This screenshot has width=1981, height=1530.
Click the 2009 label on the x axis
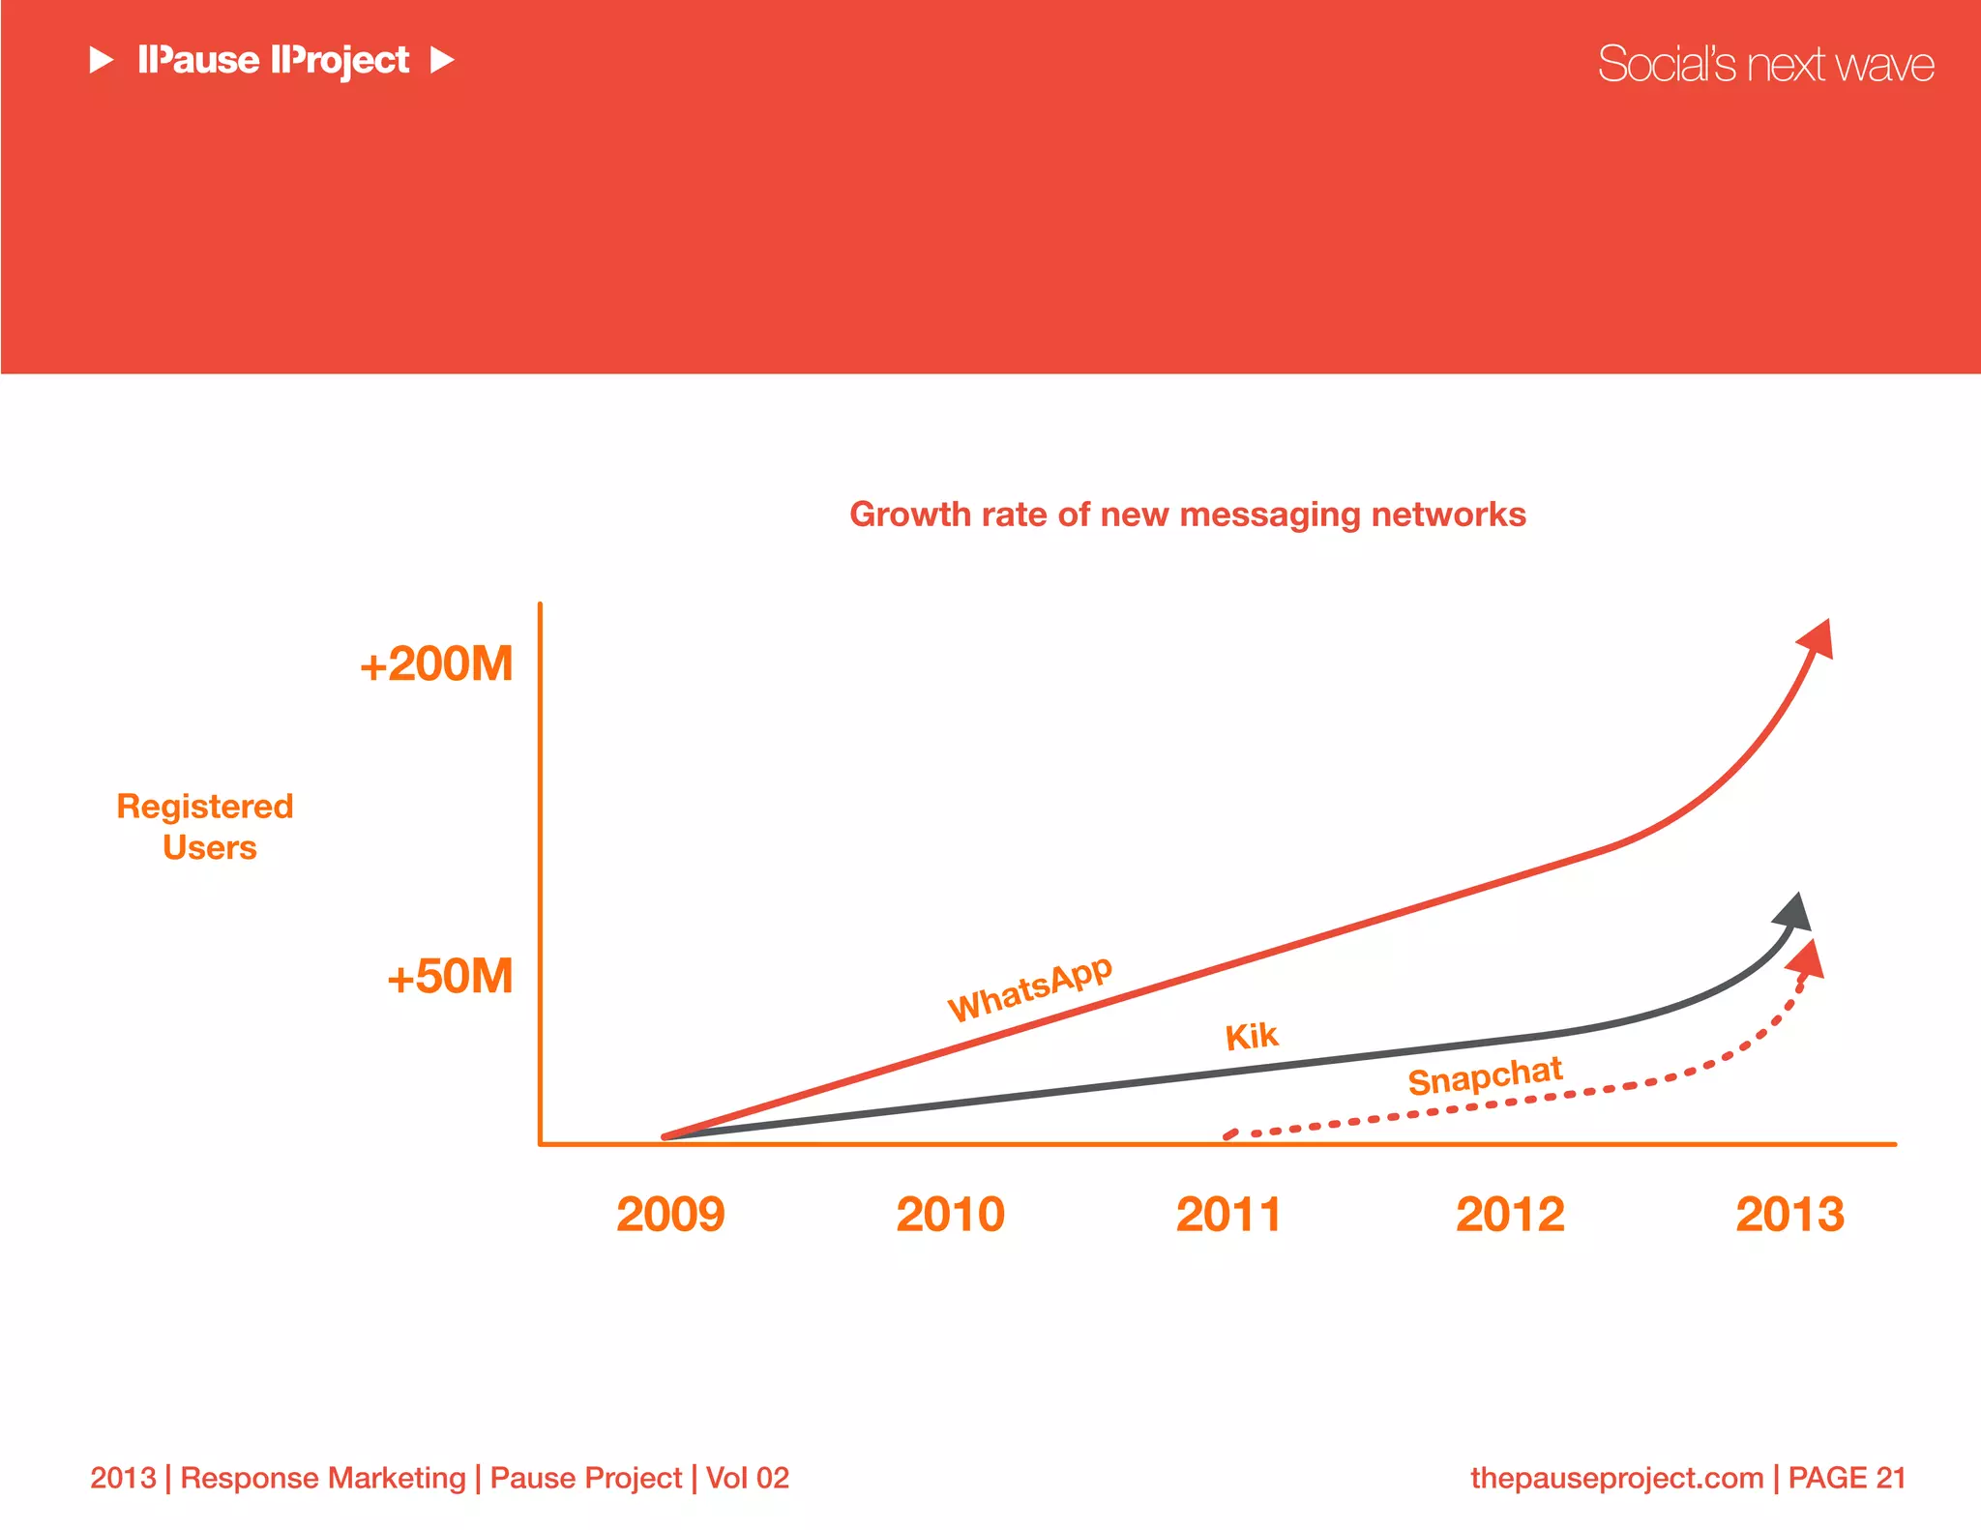pyautogui.click(x=670, y=1214)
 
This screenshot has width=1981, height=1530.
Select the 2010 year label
pyautogui.click(x=950, y=1214)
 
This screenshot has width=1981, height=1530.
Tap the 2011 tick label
pyautogui.click(x=1228, y=1214)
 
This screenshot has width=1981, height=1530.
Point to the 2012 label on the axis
pyautogui.click(x=1510, y=1214)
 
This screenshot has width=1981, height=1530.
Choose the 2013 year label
pyautogui.click(x=1789, y=1214)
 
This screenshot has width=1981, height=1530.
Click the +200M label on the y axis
pyautogui.click(x=436, y=664)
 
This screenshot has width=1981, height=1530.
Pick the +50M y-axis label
pyautogui.click(x=450, y=976)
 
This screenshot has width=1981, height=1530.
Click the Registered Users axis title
pyautogui.click(x=205, y=826)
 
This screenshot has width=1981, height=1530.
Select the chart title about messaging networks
pyautogui.click(x=1187, y=515)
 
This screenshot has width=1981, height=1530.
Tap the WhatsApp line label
pyautogui.click(x=1030, y=988)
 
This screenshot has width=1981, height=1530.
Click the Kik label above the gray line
pyautogui.click(x=1252, y=1036)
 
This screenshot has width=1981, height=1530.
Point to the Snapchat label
pyautogui.click(x=1485, y=1075)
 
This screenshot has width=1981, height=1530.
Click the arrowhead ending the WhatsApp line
pyautogui.click(x=1818, y=639)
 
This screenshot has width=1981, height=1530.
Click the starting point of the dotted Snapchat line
pyautogui.click(x=1229, y=1133)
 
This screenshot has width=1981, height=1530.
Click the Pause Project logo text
pyautogui.click(x=274, y=60)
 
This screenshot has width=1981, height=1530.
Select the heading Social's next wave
pyautogui.click(x=1764, y=65)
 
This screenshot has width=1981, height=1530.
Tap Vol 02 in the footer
pyautogui.click(x=747, y=1478)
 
